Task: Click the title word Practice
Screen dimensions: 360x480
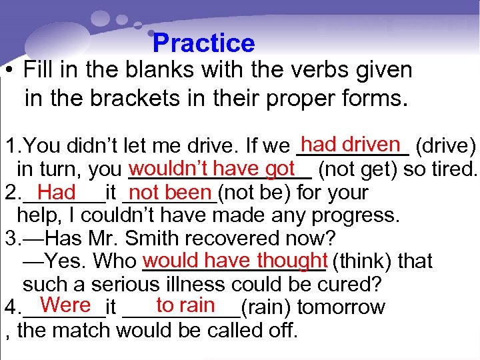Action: point(203,43)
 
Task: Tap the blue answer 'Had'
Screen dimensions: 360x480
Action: point(57,193)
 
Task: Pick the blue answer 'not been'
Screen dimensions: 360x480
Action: point(171,193)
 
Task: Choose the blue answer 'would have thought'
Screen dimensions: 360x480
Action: point(234,259)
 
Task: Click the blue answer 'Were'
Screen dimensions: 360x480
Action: point(65,305)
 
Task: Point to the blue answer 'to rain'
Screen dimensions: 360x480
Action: point(185,305)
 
